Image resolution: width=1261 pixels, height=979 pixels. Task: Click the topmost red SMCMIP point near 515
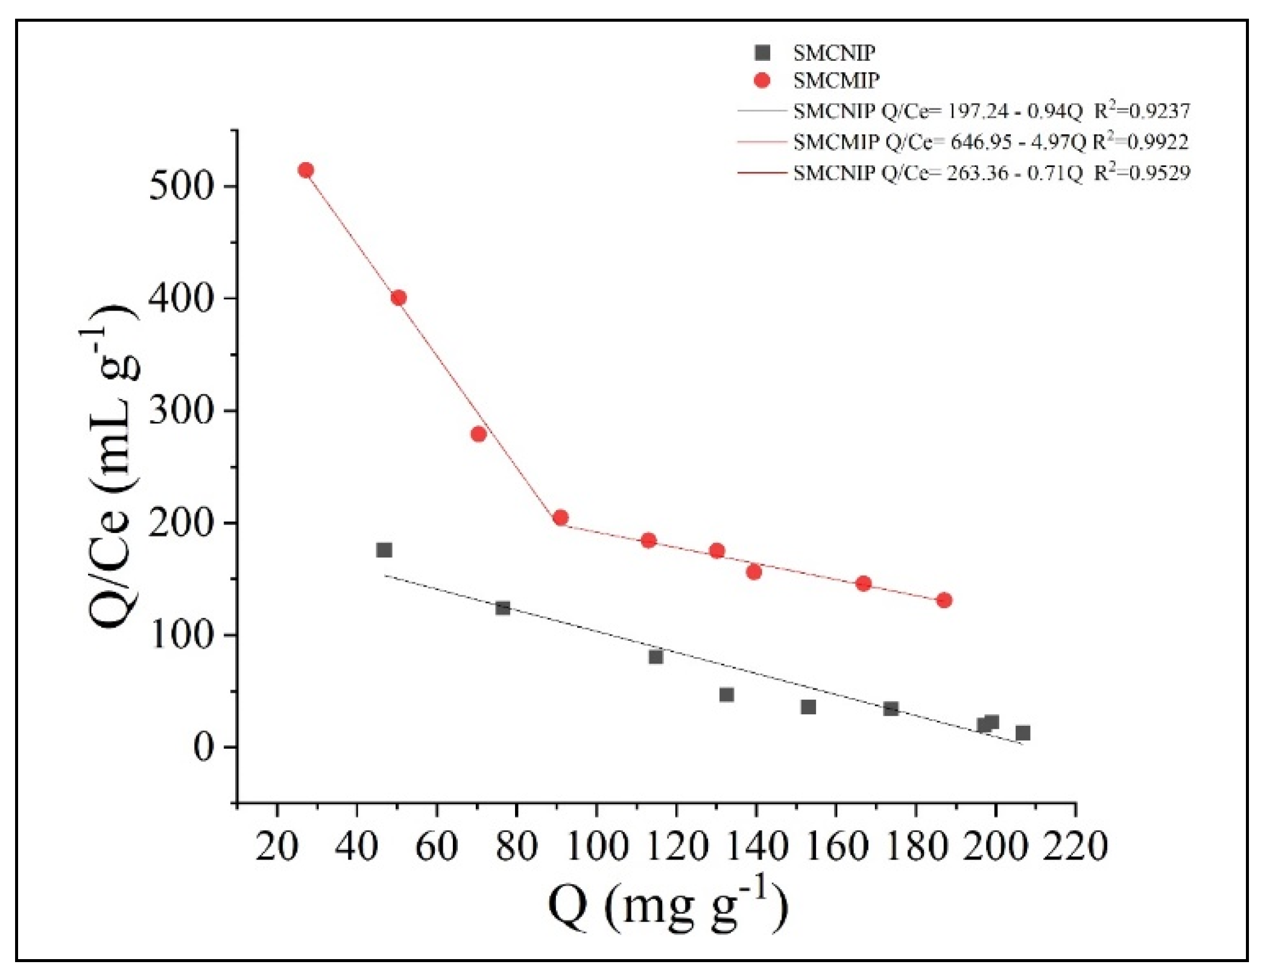coord(306,170)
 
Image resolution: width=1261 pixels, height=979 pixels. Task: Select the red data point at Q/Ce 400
coord(398,298)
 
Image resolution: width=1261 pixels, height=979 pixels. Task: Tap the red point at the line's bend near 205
coord(560,517)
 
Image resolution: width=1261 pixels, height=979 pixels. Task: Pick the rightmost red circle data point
coord(944,600)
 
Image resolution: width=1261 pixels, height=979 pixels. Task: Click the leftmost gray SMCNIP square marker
coord(384,550)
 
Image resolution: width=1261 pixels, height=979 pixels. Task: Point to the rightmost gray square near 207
coord(1023,733)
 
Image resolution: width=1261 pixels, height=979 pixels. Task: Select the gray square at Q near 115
coord(656,656)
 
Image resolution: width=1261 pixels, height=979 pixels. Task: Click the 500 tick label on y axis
coord(182,187)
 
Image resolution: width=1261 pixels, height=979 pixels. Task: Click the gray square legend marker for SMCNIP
coord(762,53)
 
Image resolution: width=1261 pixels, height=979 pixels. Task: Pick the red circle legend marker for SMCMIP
coord(762,80)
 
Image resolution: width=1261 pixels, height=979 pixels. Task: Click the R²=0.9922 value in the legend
coord(1140,142)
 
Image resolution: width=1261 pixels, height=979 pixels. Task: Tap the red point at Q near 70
coord(478,434)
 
